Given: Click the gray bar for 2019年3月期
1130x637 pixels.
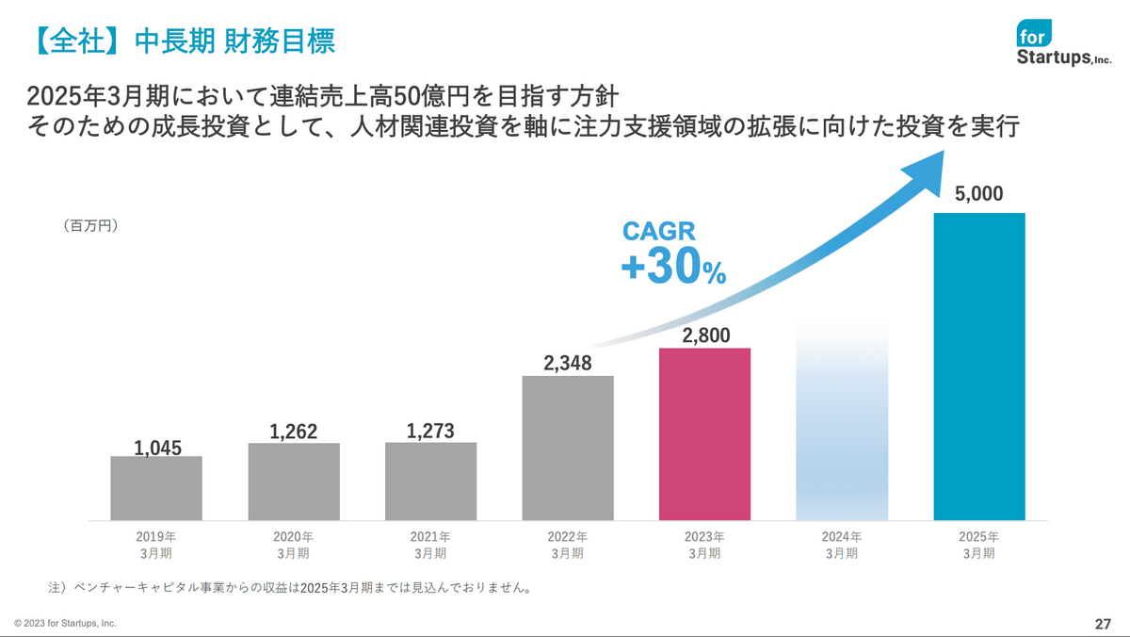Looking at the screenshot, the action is point(156,488).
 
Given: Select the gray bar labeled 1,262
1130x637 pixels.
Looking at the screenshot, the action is point(294,482).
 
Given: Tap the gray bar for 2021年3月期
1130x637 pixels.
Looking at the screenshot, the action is point(431,482).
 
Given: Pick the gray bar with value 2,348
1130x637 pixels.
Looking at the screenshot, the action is point(568,449).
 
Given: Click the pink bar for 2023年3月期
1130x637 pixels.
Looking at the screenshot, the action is point(704,434).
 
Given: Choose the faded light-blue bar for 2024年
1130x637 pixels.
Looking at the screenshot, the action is point(842,419).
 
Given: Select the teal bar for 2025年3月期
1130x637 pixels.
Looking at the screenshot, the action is point(979,367).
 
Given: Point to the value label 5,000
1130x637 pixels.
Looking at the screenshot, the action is point(978,194).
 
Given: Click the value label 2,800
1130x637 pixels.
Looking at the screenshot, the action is point(705,335).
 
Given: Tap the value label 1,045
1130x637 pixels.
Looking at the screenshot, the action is point(157,449).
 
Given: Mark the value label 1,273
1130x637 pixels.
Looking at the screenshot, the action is point(430,431).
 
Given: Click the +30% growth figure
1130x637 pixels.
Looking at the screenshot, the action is point(673,266).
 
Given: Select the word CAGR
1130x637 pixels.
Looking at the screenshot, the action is point(659,231).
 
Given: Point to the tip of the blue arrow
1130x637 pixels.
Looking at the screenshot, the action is point(944,151).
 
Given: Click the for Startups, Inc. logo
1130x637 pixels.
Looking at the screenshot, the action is point(1063,42).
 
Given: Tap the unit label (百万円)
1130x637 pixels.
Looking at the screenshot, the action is point(90,225).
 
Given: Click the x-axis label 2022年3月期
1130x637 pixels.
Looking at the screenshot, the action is point(568,546).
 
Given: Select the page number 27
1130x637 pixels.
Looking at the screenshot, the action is point(1103,625).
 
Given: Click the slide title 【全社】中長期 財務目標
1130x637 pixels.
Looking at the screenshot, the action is point(185,41).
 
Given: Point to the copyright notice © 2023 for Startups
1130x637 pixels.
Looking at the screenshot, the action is point(65,624).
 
